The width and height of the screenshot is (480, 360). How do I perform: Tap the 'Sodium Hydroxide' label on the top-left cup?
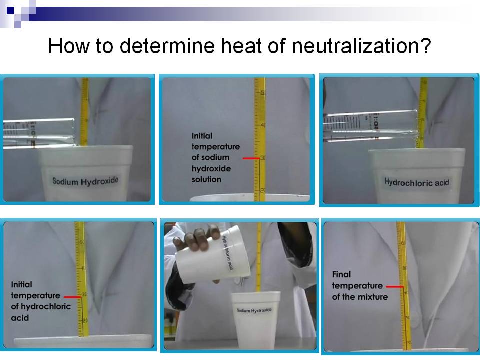85,180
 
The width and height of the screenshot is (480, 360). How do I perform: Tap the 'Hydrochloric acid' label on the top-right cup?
417,182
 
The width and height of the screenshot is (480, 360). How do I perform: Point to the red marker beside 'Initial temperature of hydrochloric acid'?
73,296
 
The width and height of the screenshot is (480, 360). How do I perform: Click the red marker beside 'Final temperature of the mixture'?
395,286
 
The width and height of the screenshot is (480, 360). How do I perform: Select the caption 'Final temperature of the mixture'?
360,286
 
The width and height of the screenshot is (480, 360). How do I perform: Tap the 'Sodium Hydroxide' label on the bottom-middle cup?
254,311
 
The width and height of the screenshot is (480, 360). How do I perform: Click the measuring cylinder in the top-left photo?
37,133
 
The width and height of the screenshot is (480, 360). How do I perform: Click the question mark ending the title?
425,46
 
